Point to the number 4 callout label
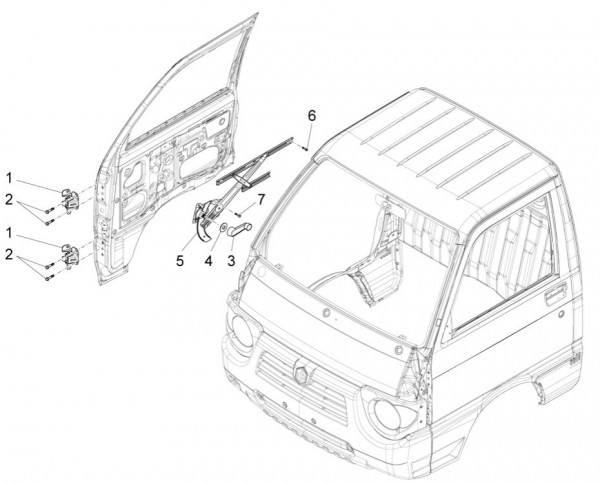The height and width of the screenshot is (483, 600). pos(209,262)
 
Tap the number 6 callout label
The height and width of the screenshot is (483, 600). pos(311,116)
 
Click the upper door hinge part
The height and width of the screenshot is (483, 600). pos(71,197)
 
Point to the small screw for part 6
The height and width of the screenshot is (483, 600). pos(302,145)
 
